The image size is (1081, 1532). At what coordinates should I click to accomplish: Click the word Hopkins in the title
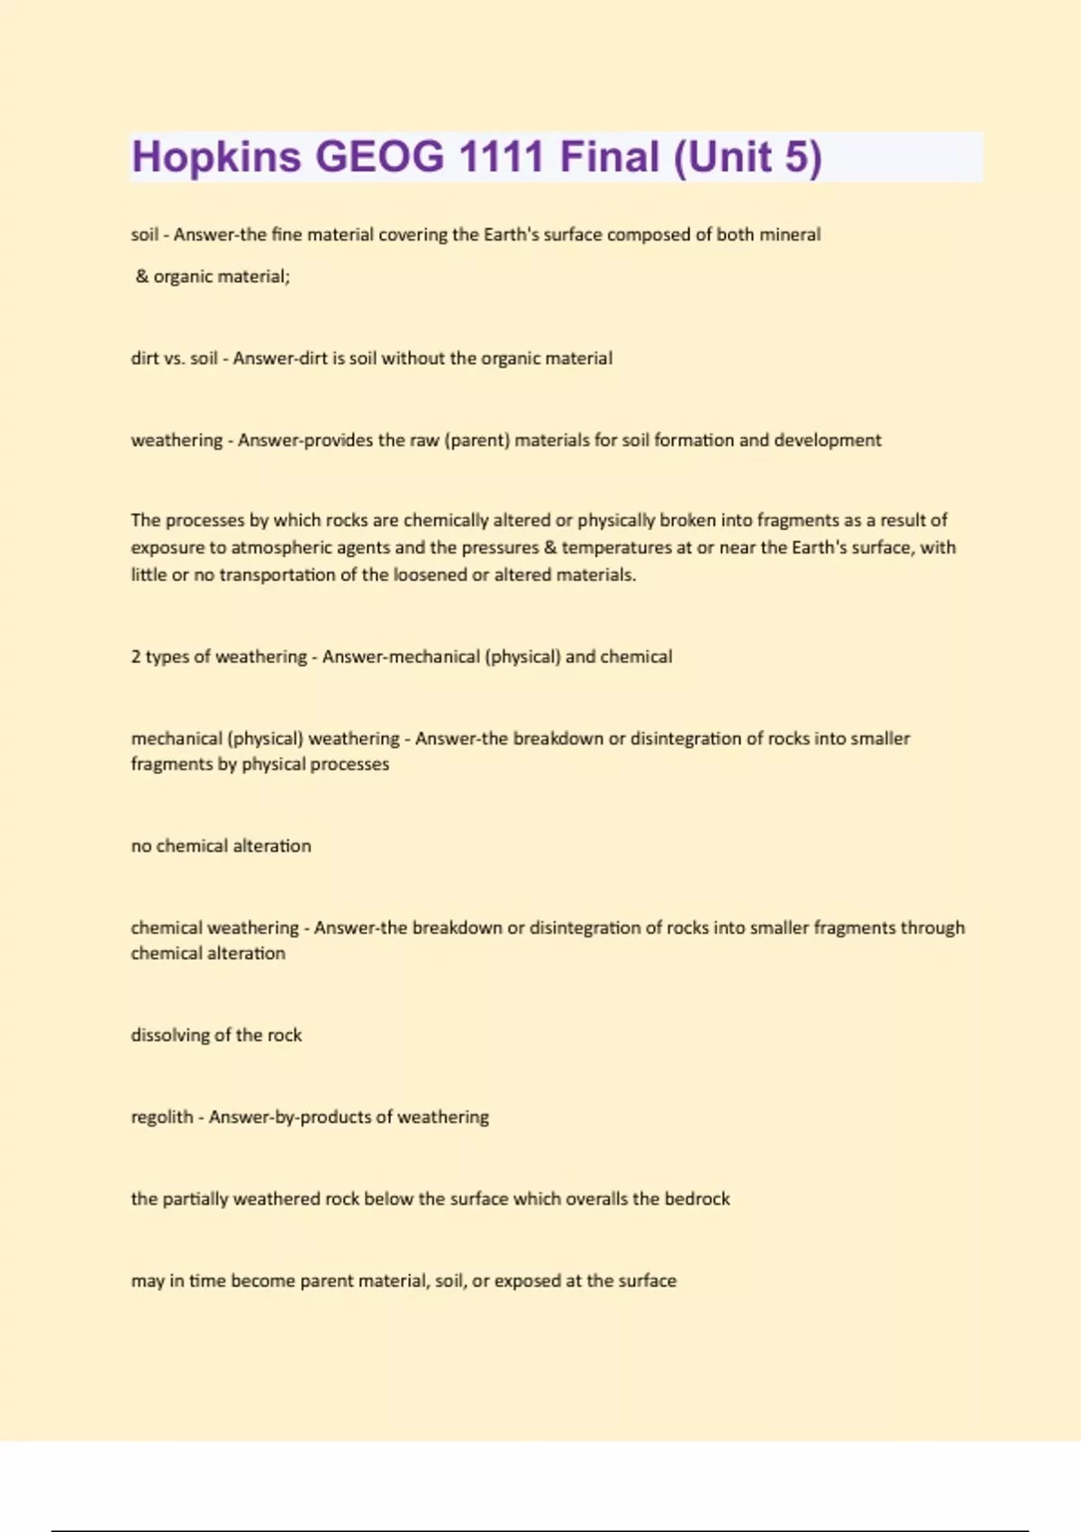216,157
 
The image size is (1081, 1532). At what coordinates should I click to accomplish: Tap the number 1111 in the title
501,157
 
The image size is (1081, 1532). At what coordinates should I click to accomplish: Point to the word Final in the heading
610,157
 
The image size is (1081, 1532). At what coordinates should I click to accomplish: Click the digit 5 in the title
796,157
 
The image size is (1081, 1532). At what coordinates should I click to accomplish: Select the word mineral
790,234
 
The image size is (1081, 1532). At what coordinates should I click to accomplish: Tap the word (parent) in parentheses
477,440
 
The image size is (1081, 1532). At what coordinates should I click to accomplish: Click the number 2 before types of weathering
136,656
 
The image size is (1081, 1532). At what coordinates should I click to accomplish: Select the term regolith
162,1117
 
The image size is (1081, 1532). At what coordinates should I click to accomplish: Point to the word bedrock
696,1199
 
